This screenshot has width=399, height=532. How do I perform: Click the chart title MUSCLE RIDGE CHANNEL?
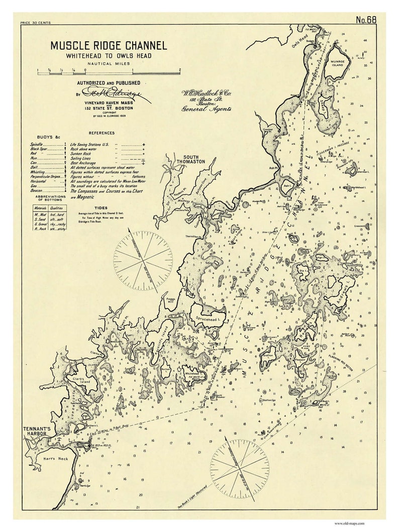click(x=108, y=46)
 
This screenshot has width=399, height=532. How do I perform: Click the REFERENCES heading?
click(x=102, y=133)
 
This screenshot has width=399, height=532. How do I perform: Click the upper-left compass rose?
click(x=142, y=259)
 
